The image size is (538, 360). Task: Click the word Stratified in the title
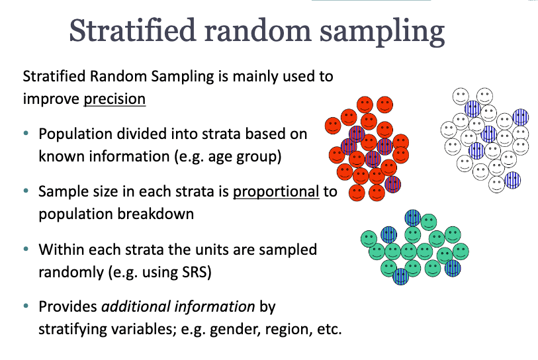[x=133, y=30]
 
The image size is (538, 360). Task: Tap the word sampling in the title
[x=382, y=32]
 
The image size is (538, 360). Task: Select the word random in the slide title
[x=258, y=30]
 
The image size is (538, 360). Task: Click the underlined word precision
[x=114, y=99]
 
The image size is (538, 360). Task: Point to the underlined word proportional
[x=276, y=191]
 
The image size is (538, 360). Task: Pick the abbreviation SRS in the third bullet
[x=195, y=272]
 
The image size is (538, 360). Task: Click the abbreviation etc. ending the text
[x=330, y=329]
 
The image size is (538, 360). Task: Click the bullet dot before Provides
[x=26, y=306]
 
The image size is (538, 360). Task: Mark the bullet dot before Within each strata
[x=26, y=248]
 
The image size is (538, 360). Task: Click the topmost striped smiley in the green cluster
[x=413, y=218]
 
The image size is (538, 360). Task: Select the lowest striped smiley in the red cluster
[x=393, y=184]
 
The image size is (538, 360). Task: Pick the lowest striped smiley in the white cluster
[x=513, y=180]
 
